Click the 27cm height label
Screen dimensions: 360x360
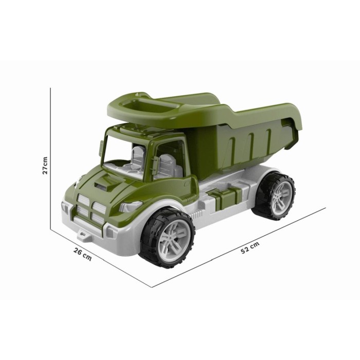45,166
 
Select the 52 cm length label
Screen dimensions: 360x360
250,247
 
